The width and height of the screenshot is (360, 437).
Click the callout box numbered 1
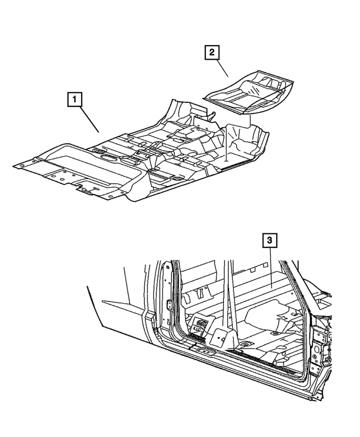tap(74, 101)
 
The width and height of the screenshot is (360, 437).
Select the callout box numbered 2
tap(211, 53)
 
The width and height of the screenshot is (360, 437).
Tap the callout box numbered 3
tap(271, 241)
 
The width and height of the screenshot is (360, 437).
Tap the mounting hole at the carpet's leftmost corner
tap(19, 166)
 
